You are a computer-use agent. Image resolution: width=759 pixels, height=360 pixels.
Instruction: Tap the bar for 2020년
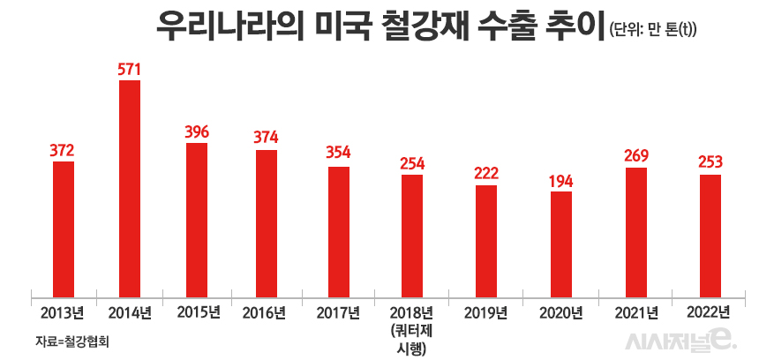(x=561, y=243)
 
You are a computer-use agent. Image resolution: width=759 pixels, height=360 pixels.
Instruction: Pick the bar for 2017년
(x=339, y=230)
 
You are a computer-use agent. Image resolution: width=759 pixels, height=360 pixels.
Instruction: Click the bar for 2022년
(x=710, y=235)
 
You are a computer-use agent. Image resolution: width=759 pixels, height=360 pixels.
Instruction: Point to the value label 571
(x=130, y=69)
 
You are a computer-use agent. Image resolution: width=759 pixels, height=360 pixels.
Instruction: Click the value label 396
(x=197, y=131)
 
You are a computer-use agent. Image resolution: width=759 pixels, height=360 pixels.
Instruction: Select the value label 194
(x=560, y=181)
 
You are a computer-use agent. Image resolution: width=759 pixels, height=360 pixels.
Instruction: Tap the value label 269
(x=635, y=156)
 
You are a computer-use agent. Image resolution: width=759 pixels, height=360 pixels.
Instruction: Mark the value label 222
(x=486, y=174)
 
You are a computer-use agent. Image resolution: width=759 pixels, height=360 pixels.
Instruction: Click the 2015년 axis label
(x=197, y=311)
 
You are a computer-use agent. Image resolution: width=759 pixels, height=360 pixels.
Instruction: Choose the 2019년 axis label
(x=486, y=312)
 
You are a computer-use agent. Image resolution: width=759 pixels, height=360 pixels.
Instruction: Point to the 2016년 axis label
(x=264, y=312)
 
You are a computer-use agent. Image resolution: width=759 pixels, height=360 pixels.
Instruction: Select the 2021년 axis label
(x=635, y=312)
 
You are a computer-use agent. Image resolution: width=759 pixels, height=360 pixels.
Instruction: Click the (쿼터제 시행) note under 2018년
(x=412, y=340)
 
